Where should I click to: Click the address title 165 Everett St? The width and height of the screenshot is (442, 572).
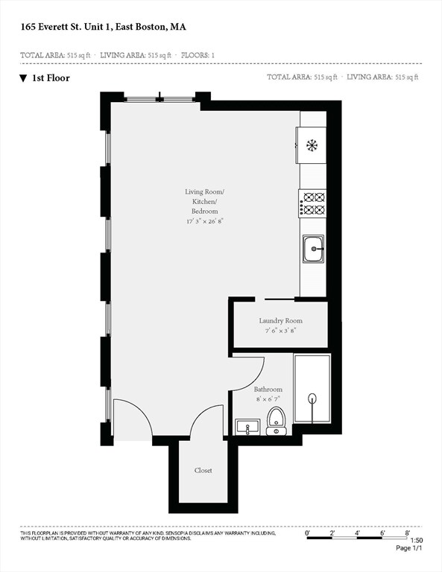104,27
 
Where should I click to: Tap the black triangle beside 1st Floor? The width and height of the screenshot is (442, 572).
24,77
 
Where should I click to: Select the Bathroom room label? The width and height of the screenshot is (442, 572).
268,390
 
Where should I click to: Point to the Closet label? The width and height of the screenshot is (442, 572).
203,470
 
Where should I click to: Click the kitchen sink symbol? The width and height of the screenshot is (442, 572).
313,249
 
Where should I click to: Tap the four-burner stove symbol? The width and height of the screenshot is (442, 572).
313,204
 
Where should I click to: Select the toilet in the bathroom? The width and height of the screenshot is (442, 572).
276,422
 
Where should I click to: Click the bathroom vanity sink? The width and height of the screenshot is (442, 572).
247,428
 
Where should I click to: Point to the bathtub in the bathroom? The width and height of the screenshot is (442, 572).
312,390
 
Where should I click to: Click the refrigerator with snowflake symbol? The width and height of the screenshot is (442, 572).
312,144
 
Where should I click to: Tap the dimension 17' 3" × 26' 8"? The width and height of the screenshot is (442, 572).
204,221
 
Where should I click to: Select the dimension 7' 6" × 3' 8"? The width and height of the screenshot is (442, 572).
280,330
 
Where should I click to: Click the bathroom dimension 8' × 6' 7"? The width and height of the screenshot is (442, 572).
268,398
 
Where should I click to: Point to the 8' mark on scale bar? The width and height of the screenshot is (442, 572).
408,533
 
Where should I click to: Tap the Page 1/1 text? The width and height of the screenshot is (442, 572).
408,548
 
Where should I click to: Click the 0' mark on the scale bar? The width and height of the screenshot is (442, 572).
308,533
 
